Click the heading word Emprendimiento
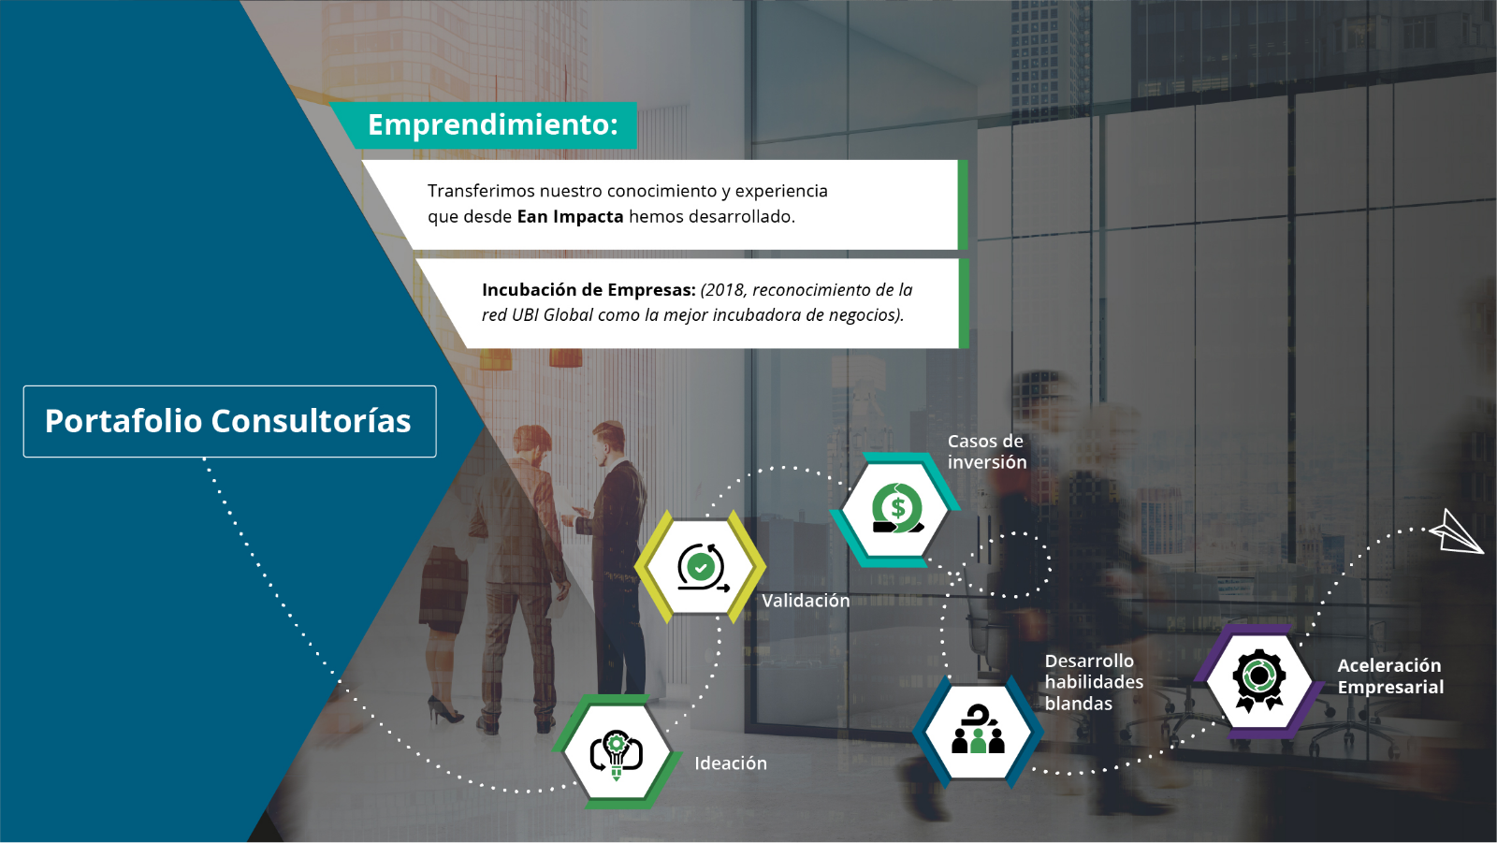tap(492, 125)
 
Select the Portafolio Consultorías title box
tap(230, 421)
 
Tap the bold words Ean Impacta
tap(570, 217)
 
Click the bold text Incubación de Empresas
tap(589, 290)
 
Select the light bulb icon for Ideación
tap(617, 755)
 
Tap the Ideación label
tap(731, 763)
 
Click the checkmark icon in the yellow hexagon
tap(702, 568)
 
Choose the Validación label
tap(806, 601)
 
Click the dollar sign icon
tap(897, 508)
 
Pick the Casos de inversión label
tap(987, 451)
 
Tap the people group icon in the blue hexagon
tap(979, 730)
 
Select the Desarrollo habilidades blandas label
tap(1094, 682)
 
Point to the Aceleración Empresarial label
tap(1390, 676)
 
